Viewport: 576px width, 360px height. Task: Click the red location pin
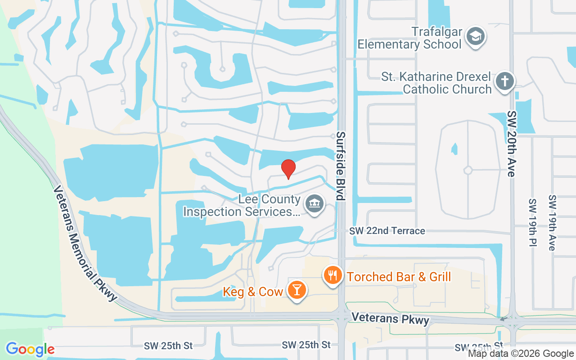[288, 169]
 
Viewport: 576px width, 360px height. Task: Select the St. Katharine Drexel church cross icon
[504, 82]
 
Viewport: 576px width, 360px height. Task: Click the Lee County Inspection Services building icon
[315, 204]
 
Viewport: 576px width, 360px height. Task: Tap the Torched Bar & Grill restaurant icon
[333, 275]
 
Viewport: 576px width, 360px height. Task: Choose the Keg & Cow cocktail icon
[297, 290]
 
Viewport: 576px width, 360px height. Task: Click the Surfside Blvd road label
[341, 166]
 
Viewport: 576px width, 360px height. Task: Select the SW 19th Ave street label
[553, 222]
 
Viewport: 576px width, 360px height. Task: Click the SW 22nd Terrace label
[387, 231]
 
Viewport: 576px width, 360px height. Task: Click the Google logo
[30, 349]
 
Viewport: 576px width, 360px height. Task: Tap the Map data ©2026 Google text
[521, 354]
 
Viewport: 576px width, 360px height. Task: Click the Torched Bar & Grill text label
[399, 276]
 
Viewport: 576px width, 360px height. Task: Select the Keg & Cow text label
[253, 292]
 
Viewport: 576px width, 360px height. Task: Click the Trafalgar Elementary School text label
[409, 38]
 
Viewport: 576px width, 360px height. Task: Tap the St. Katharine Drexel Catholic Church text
[436, 82]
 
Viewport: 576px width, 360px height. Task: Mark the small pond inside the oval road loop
[454, 148]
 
